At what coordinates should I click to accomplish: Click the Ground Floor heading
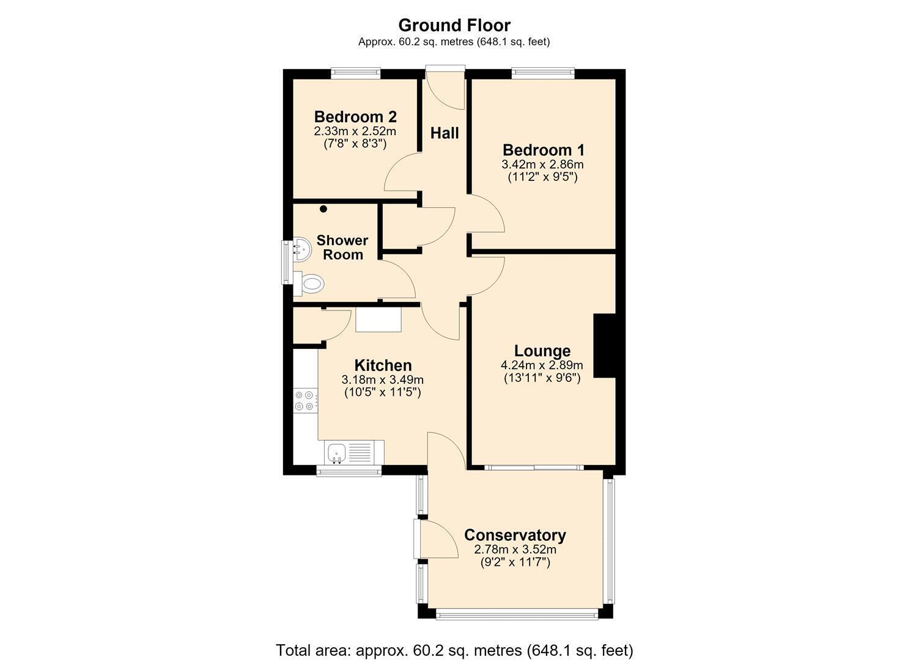454,26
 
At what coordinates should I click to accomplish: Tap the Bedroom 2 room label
355,117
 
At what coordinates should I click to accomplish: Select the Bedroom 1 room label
543,150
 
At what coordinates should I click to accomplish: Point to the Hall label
445,133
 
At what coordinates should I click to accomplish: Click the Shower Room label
342,247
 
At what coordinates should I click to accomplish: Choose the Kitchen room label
383,365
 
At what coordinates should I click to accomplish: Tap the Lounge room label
542,351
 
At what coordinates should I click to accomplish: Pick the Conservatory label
515,535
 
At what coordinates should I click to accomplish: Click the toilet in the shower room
310,283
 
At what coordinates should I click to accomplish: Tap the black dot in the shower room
323,209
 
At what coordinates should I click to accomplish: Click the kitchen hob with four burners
305,401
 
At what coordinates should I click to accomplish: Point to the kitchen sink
336,453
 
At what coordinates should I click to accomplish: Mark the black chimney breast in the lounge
605,346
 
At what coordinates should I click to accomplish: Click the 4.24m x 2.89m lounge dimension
542,365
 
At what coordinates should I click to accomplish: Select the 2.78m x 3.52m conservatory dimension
515,550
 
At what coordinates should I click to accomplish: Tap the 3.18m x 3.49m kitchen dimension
383,380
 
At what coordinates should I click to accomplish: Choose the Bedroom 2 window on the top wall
355,73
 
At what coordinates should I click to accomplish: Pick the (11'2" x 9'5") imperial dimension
543,177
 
